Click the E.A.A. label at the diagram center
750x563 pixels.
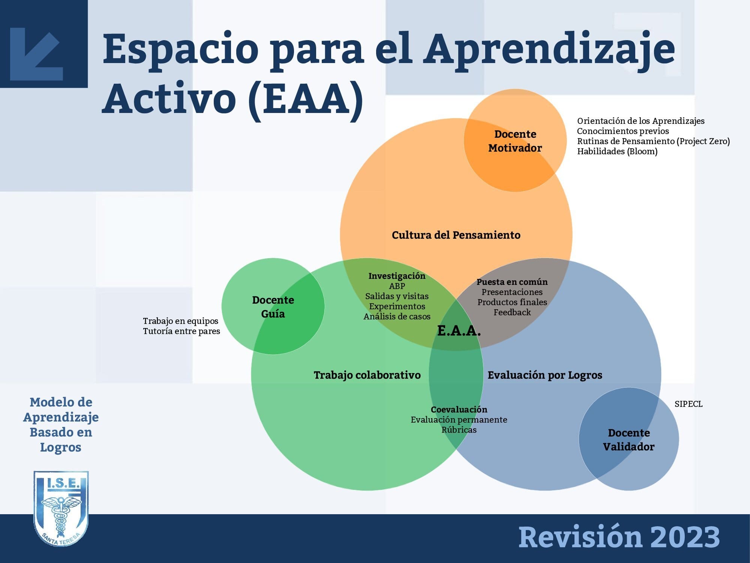[459, 331]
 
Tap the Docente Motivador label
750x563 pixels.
[515, 141]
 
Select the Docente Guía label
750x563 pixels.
[273, 307]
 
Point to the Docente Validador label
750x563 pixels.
[628, 440]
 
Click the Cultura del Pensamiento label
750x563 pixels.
[456, 235]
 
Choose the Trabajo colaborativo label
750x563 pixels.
[367, 375]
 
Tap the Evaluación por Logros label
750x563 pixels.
[545, 375]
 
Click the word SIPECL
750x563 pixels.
[688, 404]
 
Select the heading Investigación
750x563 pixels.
[397, 276]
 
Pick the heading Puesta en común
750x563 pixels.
[512, 282]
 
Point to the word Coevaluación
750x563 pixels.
[459, 409]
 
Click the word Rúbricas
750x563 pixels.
[459, 430]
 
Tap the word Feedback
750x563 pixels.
[512, 312]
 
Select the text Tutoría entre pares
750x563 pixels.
[181, 331]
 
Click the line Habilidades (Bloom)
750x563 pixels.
[617, 152]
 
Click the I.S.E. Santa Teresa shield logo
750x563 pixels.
[61, 509]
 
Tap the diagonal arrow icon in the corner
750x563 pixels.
[36, 54]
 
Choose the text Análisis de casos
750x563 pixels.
[397, 316]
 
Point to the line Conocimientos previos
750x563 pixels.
[623, 131]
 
